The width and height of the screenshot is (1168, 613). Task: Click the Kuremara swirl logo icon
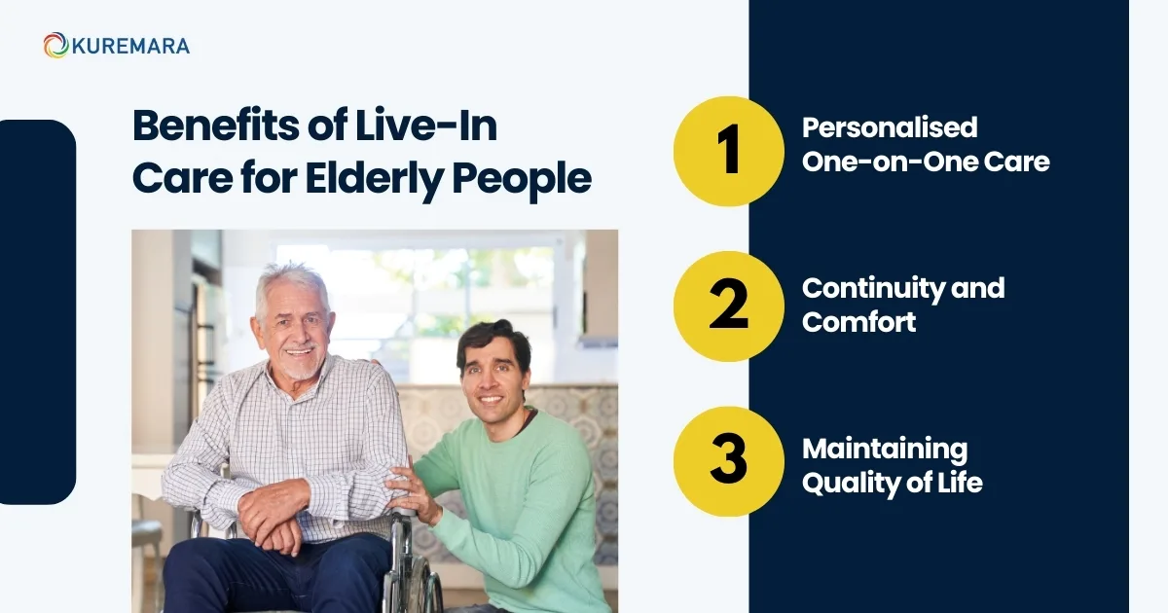coord(55,45)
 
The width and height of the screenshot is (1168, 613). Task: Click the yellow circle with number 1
coord(729,151)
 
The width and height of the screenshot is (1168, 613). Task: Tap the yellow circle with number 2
coord(729,305)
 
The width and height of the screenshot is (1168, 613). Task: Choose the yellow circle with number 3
coord(729,461)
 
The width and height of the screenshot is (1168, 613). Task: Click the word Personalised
coord(890,127)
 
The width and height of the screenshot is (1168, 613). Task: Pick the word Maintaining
coord(885,449)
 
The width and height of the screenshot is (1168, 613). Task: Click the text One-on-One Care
coord(926,162)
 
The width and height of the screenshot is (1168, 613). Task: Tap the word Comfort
coord(859,322)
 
